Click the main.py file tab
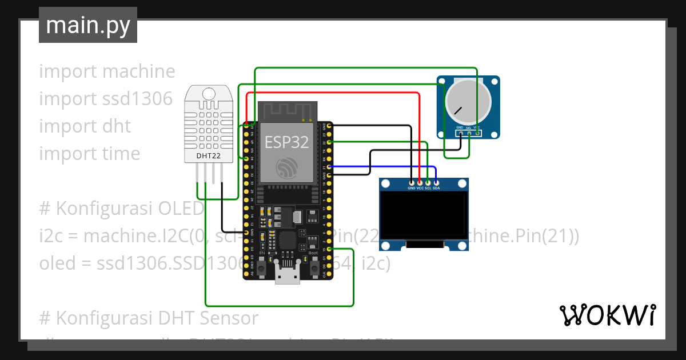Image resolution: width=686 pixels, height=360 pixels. pyautogui.click(x=87, y=25)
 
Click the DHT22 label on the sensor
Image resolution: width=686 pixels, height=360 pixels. pyautogui.click(x=208, y=155)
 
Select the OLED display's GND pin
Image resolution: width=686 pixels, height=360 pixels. pyautogui.click(x=412, y=182)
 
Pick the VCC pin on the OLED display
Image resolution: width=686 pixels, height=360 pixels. pyautogui.click(x=420, y=182)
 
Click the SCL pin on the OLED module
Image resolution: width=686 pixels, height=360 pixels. pyautogui.click(x=428, y=182)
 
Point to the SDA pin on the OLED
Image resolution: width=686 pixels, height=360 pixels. pyautogui.click(x=436, y=182)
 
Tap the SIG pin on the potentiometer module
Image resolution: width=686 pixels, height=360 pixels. pyautogui.click(x=469, y=133)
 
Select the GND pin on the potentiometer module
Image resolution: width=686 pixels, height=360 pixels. pyautogui.click(x=460, y=133)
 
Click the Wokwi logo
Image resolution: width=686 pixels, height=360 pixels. pyautogui.click(x=607, y=315)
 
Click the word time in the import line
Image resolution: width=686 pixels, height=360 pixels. pyautogui.click(x=121, y=154)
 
